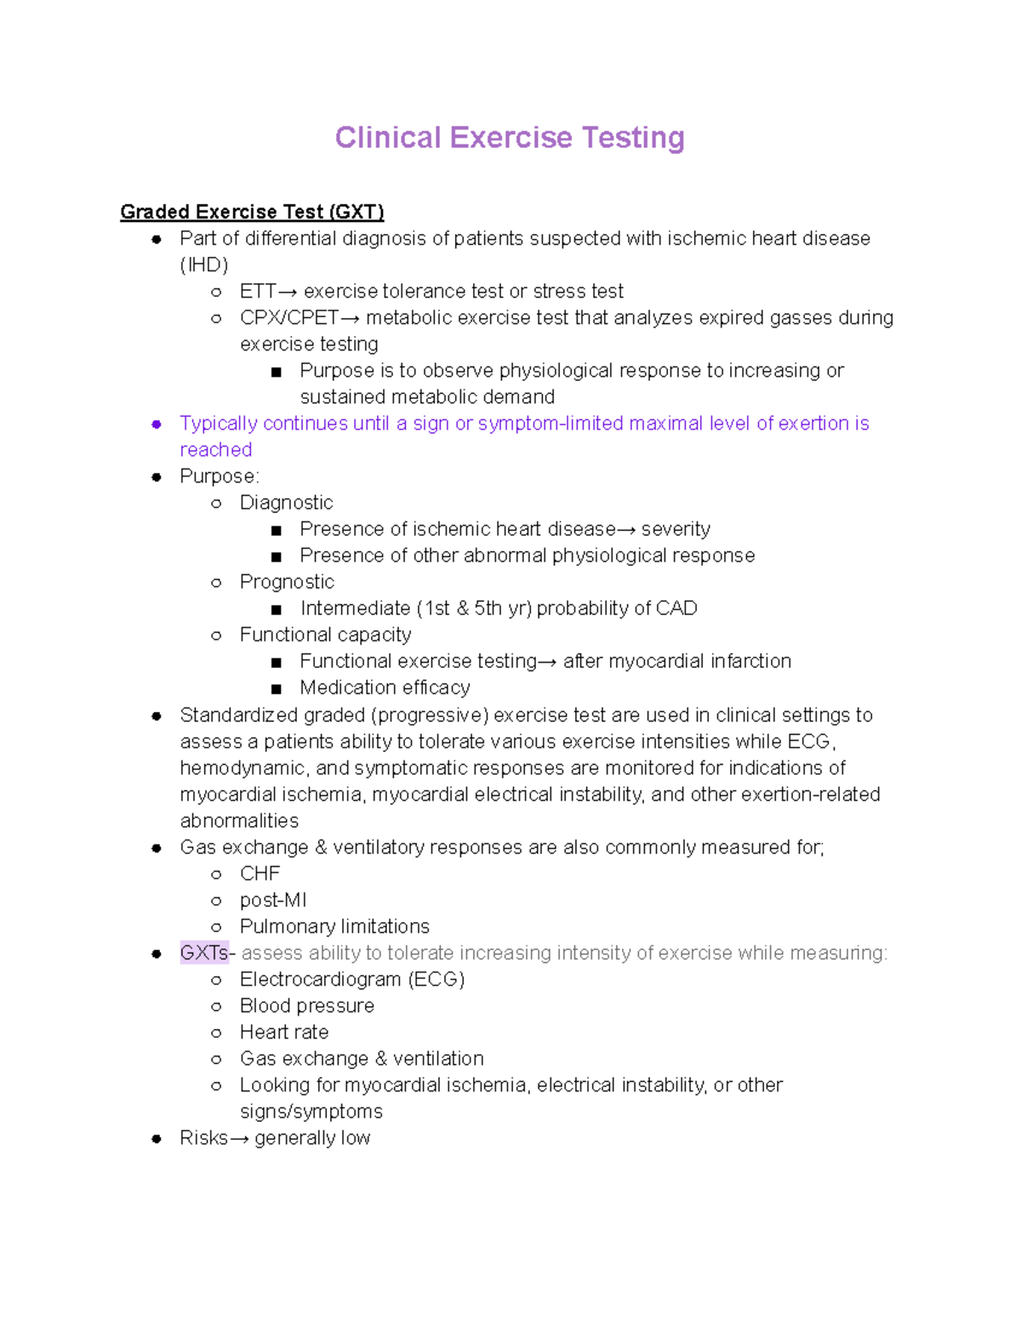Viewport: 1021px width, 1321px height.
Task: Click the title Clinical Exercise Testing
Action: coord(509,138)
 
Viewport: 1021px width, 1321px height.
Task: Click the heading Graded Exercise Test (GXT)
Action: coord(252,212)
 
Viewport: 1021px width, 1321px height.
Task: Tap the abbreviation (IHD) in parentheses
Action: coord(204,265)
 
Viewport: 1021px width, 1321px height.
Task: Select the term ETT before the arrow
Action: coord(258,292)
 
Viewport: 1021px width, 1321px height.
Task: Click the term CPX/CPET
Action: coord(289,318)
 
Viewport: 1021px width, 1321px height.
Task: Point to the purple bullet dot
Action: coord(157,424)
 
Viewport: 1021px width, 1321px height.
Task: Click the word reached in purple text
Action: coord(216,450)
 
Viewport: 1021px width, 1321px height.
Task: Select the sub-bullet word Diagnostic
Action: coord(286,503)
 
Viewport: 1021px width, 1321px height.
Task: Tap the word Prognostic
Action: coord(287,582)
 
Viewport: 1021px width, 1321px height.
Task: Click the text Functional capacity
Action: coord(325,635)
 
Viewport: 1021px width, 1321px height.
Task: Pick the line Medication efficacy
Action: coord(385,687)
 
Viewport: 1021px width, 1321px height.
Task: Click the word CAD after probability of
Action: coord(677,608)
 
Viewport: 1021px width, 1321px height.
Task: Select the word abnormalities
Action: coord(239,821)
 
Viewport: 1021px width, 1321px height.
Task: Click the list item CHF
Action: coord(260,874)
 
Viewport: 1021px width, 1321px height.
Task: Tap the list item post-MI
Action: coord(272,900)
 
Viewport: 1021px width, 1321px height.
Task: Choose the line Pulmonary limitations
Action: coord(334,926)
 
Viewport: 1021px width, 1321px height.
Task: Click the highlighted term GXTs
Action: coord(203,953)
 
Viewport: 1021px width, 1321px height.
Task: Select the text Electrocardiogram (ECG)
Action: coord(352,979)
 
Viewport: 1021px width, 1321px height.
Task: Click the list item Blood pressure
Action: coord(306,1005)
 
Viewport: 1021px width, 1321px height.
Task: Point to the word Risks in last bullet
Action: coord(203,1138)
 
